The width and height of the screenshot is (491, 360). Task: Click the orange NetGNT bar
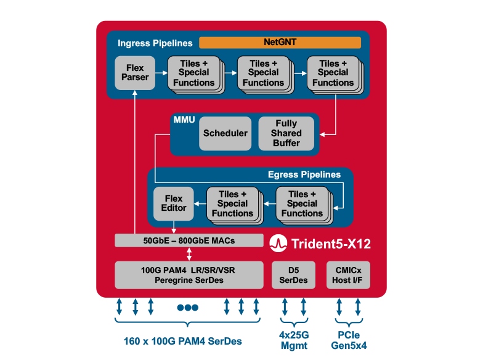(x=280, y=43)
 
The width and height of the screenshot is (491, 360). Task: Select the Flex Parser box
(x=134, y=72)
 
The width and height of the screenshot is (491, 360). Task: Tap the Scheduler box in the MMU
(x=225, y=133)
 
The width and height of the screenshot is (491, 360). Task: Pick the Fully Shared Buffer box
(x=286, y=133)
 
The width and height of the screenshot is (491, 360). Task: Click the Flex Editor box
(x=173, y=203)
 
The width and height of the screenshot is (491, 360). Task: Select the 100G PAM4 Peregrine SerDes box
(x=188, y=274)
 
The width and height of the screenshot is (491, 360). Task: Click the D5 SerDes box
(x=293, y=274)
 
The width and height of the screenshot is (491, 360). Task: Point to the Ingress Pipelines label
(x=155, y=43)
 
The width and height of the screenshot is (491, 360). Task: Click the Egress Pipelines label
(x=304, y=174)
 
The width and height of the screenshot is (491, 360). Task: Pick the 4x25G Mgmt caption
(x=294, y=340)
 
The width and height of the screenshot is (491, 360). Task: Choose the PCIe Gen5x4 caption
(x=348, y=340)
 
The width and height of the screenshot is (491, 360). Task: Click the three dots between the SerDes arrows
(x=187, y=307)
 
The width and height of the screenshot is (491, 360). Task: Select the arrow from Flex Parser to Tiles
(x=161, y=72)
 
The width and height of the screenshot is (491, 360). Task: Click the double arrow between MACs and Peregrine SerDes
(x=188, y=254)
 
